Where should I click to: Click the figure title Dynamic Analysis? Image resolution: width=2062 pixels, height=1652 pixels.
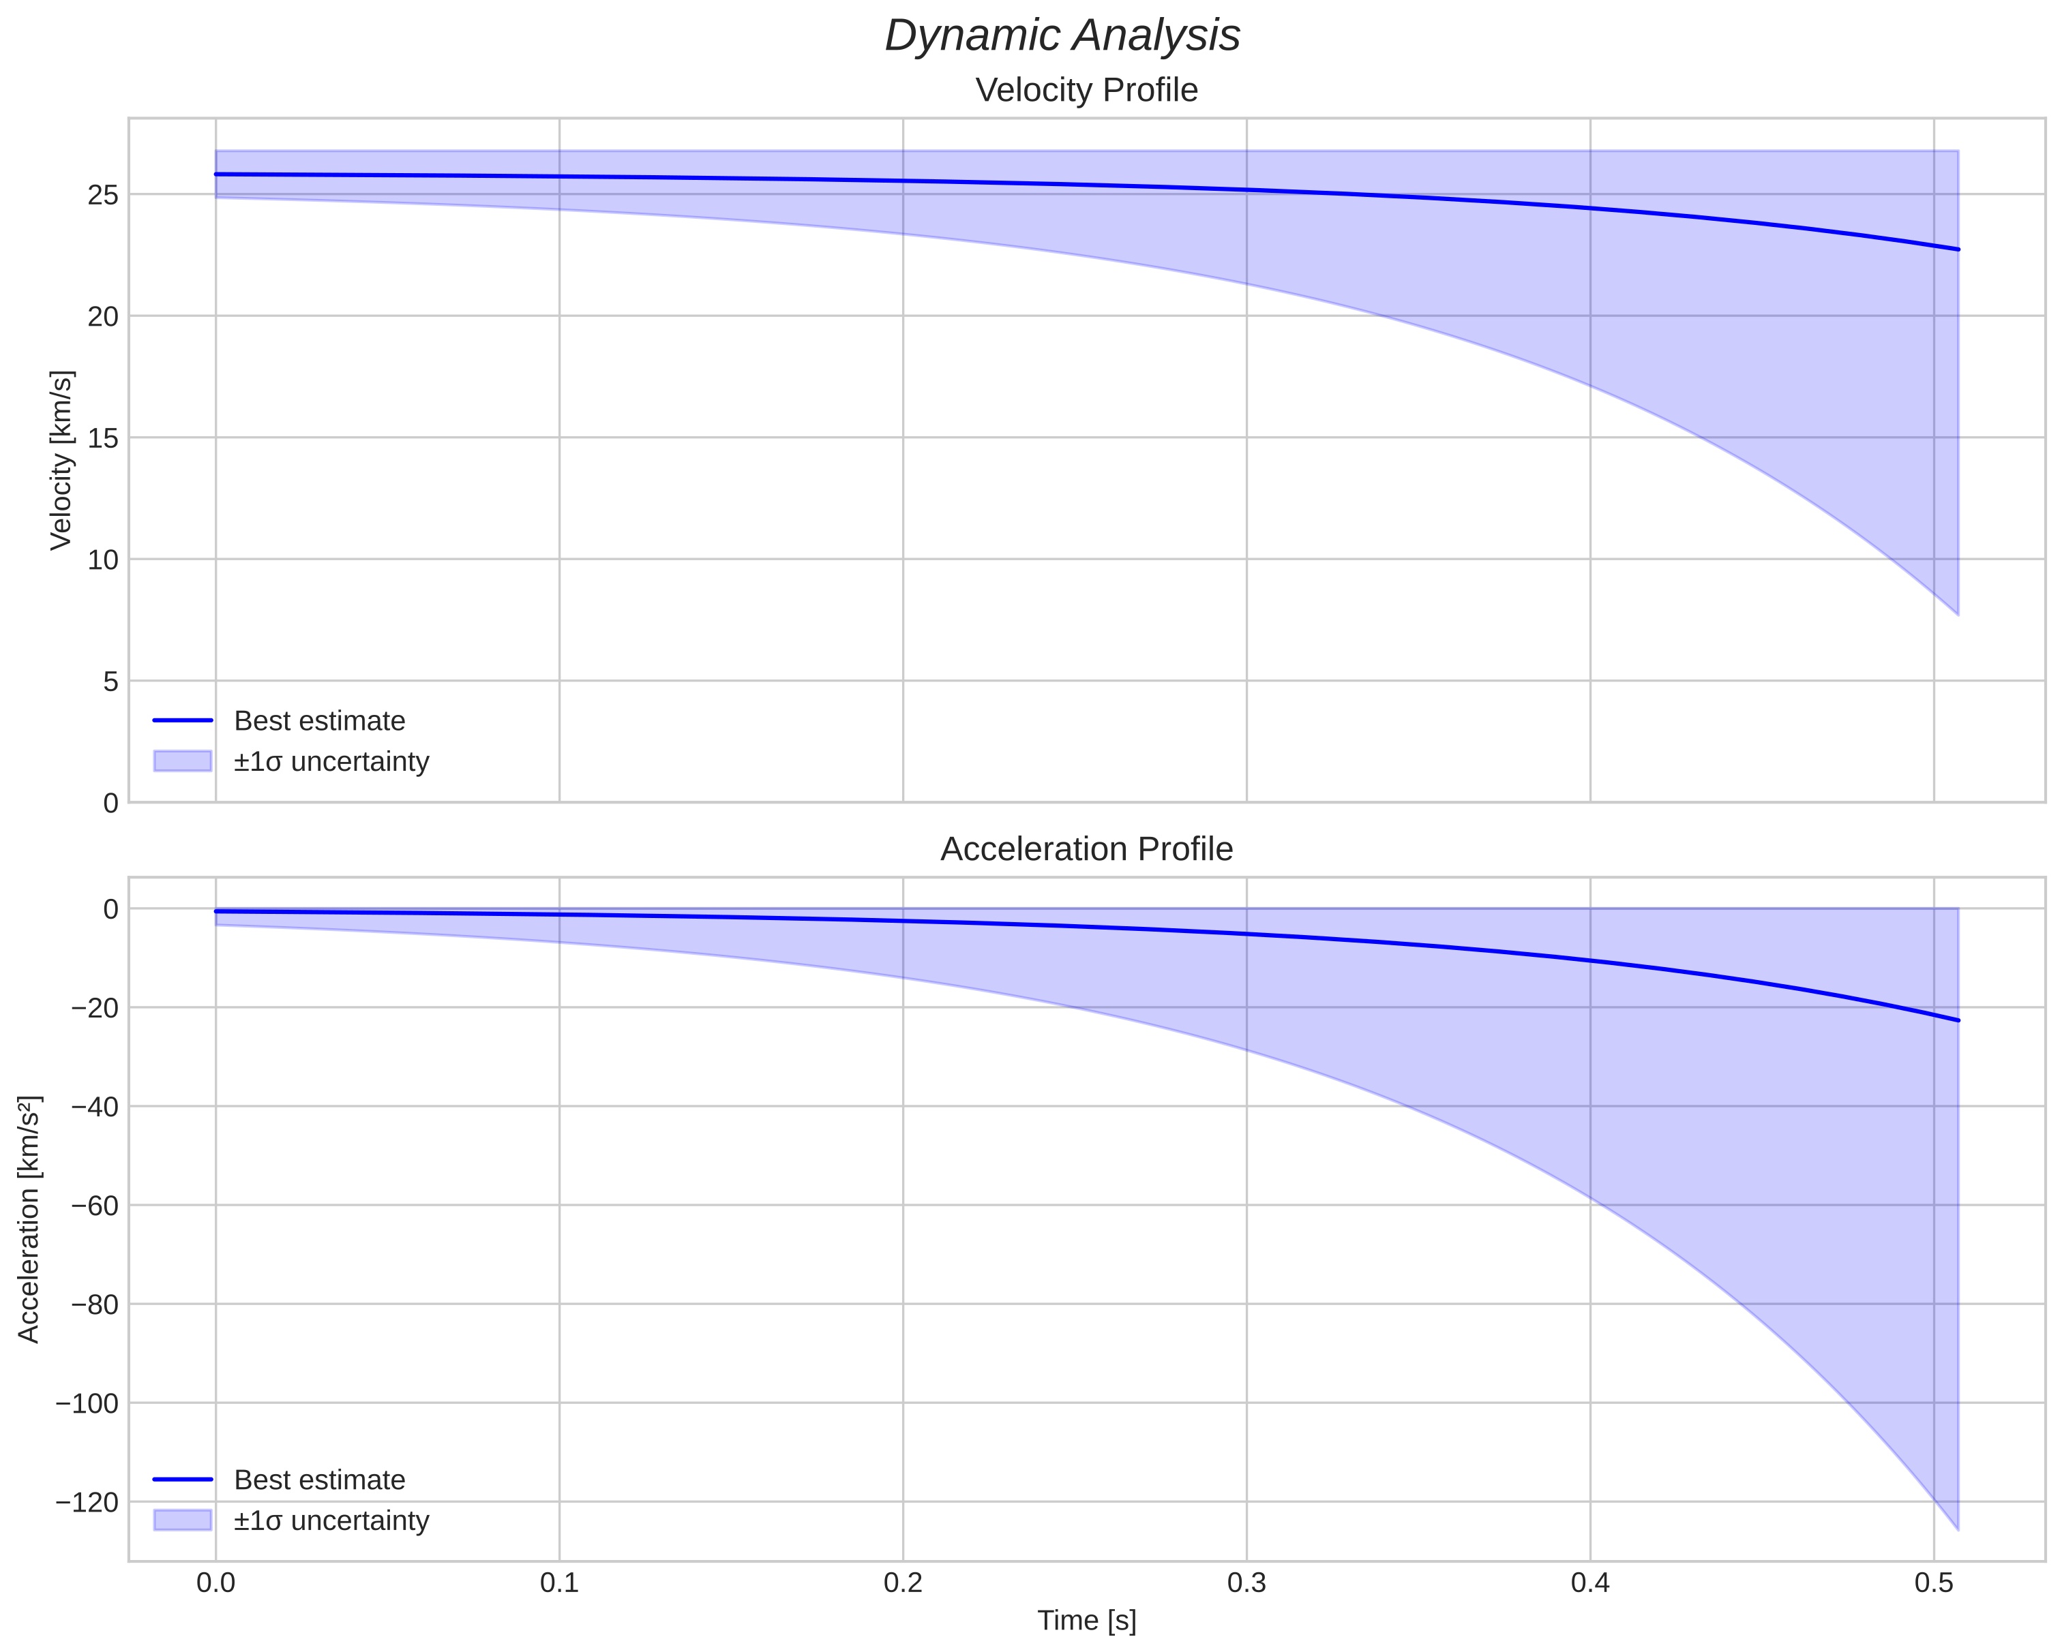click(x=1062, y=36)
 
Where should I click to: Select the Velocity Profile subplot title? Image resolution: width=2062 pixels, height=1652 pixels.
click(x=1086, y=90)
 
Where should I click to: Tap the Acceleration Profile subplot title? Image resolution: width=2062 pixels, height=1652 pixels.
click(x=1086, y=849)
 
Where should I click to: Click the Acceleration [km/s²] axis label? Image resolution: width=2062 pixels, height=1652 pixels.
click(x=29, y=1219)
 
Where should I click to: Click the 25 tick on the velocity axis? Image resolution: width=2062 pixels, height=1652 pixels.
click(x=103, y=195)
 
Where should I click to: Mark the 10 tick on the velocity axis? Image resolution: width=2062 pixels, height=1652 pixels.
click(x=103, y=560)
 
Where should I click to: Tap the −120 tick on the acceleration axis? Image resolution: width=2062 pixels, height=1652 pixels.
click(x=88, y=1503)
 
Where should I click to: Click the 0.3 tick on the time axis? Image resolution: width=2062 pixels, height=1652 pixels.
click(x=1246, y=1582)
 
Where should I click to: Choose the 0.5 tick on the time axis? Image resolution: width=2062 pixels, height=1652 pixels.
click(x=1933, y=1582)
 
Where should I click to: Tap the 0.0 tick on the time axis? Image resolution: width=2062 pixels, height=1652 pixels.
click(x=216, y=1582)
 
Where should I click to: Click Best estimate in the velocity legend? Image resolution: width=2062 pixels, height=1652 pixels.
click(x=319, y=721)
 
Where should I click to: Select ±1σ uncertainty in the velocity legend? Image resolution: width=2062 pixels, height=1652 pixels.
click(x=331, y=762)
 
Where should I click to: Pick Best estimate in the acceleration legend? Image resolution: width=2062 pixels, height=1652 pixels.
click(x=319, y=1480)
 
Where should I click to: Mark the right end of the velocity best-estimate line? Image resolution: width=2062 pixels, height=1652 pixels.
click(x=1958, y=249)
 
